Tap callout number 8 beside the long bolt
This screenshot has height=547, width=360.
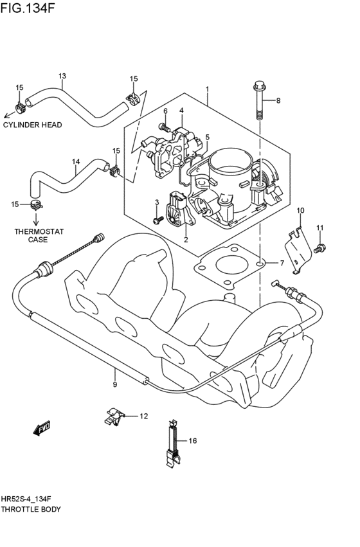(x=278, y=101)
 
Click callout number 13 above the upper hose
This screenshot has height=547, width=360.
(x=62, y=76)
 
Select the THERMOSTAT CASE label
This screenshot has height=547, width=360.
(x=33, y=235)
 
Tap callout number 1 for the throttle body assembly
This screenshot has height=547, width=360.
(x=207, y=89)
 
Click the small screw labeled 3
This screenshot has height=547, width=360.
(x=156, y=220)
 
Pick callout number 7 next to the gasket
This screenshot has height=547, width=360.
(x=281, y=264)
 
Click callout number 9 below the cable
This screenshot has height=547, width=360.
(x=114, y=384)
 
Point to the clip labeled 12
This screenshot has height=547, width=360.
(x=113, y=417)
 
